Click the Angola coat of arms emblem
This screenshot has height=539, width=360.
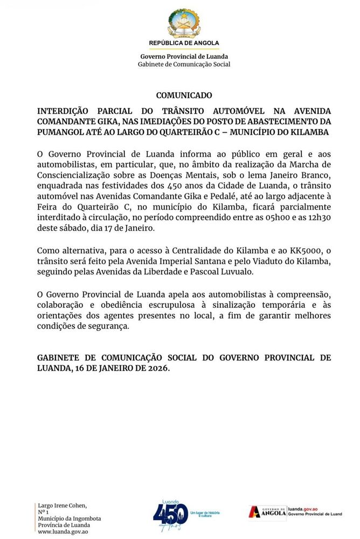tap(184, 23)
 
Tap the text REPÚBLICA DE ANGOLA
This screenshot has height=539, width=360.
tap(184, 43)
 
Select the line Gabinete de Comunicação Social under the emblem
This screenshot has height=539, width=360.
tap(184, 64)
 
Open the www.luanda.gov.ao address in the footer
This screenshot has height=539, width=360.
tap(63, 531)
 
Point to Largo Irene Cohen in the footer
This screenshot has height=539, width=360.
tap(62, 505)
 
